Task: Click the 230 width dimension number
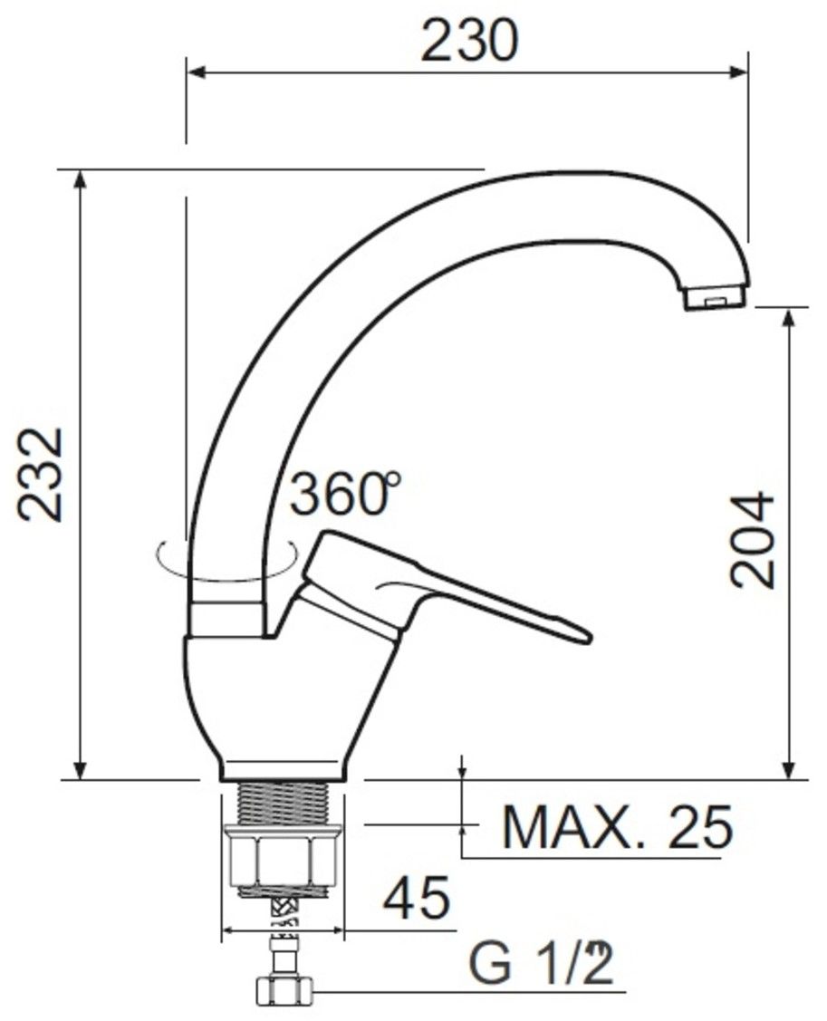[469, 41]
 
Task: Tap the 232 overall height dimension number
[41, 474]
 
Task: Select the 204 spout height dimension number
[753, 541]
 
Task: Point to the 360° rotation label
[344, 493]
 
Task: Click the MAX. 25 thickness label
[618, 827]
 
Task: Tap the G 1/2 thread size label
[541, 963]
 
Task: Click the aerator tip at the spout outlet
[715, 298]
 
